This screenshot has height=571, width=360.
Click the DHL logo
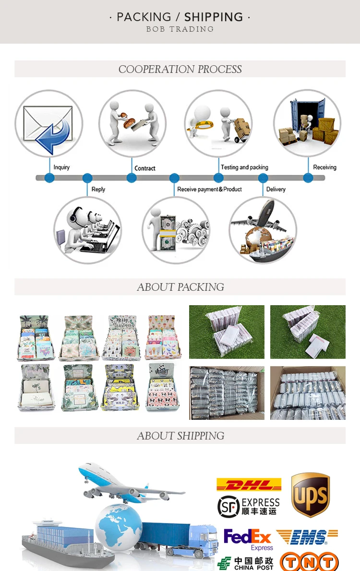click(249, 484)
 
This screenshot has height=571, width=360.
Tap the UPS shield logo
click(311, 495)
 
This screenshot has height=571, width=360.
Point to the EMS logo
click(307, 537)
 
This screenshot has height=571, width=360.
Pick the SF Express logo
click(248, 506)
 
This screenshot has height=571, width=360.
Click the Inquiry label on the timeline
click(61, 167)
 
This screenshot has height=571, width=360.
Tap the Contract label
click(145, 168)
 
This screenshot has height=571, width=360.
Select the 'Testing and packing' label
click(244, 167)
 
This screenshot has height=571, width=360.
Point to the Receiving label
click(324, 167)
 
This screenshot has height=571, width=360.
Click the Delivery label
click(276, 190)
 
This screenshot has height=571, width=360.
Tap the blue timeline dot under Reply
click(87, 178)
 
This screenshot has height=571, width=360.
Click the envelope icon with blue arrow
click(48, 124)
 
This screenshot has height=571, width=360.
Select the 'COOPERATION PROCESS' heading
click(180, 70)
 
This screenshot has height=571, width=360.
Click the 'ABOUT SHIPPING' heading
click(180, 436)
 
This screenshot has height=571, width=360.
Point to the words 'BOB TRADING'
click(180, 29)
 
